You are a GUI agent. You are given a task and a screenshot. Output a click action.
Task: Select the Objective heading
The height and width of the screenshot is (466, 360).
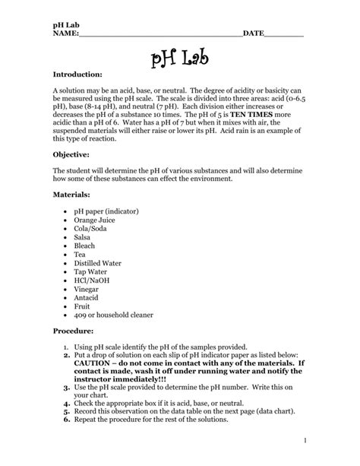click(x=73, y=153)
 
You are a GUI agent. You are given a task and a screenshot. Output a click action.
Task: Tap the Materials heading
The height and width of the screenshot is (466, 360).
click(x=72, y=195)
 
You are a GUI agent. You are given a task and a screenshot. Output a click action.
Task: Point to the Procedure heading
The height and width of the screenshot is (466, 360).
click(x=73, y=332)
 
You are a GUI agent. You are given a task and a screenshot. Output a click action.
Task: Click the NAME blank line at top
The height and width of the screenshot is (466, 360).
click(x=159, y=34)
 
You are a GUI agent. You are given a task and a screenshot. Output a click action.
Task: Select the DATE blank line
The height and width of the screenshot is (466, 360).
click(x=284, y=34)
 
